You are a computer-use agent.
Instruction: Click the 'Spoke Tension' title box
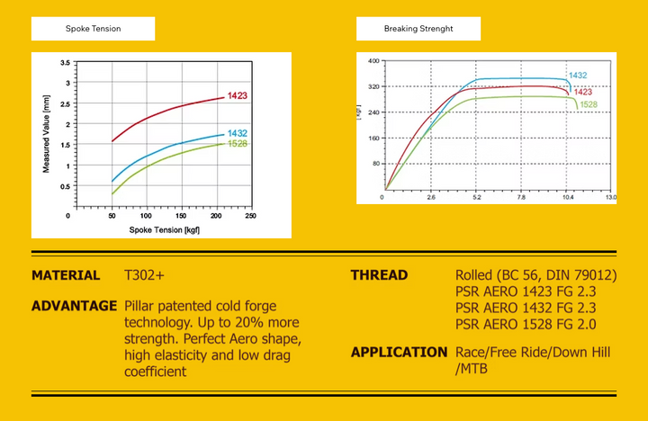93,29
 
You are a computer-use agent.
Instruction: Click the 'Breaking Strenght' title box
418,29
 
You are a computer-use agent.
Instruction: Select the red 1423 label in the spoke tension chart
238,95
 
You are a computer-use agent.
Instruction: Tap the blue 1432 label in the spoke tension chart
238,133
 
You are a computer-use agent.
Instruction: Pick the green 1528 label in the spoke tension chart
238,144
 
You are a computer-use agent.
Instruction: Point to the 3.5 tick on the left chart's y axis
65,63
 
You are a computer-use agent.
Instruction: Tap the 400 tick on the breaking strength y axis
373,61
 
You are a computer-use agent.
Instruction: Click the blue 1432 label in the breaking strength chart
578,76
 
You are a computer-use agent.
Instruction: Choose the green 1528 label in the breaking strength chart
589,104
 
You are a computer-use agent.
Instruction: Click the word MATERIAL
66,275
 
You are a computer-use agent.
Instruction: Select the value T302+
145,275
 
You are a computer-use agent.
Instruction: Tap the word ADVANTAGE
74,306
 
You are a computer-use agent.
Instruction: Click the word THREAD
379,275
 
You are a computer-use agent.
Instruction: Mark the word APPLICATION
399,352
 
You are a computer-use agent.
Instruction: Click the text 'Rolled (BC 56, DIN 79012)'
536,275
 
